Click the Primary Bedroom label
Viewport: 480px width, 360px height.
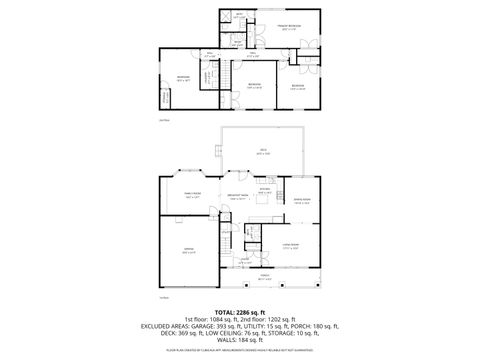coord(290,27)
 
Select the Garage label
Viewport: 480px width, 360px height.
coord(188,250)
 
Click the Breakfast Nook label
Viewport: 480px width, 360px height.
coord(238,198)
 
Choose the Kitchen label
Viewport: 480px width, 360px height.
coord(265,189)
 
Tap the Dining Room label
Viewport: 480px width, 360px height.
coord(300,202)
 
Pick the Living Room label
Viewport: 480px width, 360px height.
coord(291,246)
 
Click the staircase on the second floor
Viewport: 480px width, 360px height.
coord(210,78)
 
